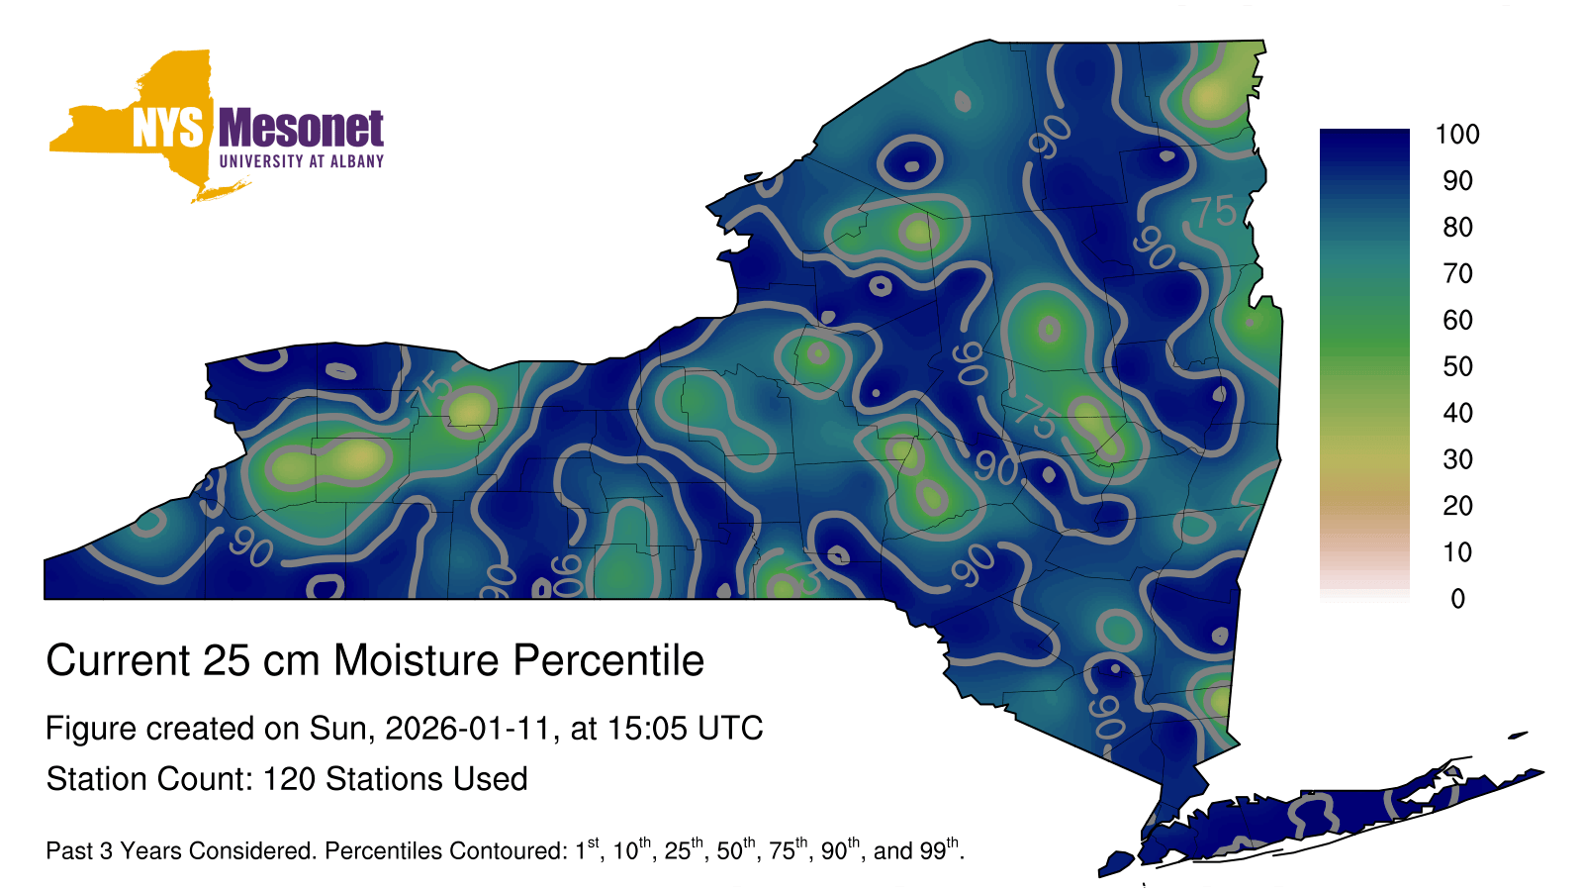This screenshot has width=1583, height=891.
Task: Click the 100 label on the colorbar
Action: (1457, 135)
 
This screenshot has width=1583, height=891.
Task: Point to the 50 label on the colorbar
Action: (1457, 366)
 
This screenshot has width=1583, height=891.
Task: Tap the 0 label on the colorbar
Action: (1457, 599)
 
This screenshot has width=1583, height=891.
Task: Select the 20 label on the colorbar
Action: (1457, 506)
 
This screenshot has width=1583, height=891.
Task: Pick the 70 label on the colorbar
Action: (1457, 273)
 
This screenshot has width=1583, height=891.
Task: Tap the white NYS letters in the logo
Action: (167, 128)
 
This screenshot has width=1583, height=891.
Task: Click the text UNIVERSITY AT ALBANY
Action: (302, 161)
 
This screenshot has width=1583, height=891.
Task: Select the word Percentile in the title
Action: (608, 660)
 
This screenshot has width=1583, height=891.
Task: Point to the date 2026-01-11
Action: (467, 729)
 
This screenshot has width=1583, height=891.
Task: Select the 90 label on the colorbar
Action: (1457, 181)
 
